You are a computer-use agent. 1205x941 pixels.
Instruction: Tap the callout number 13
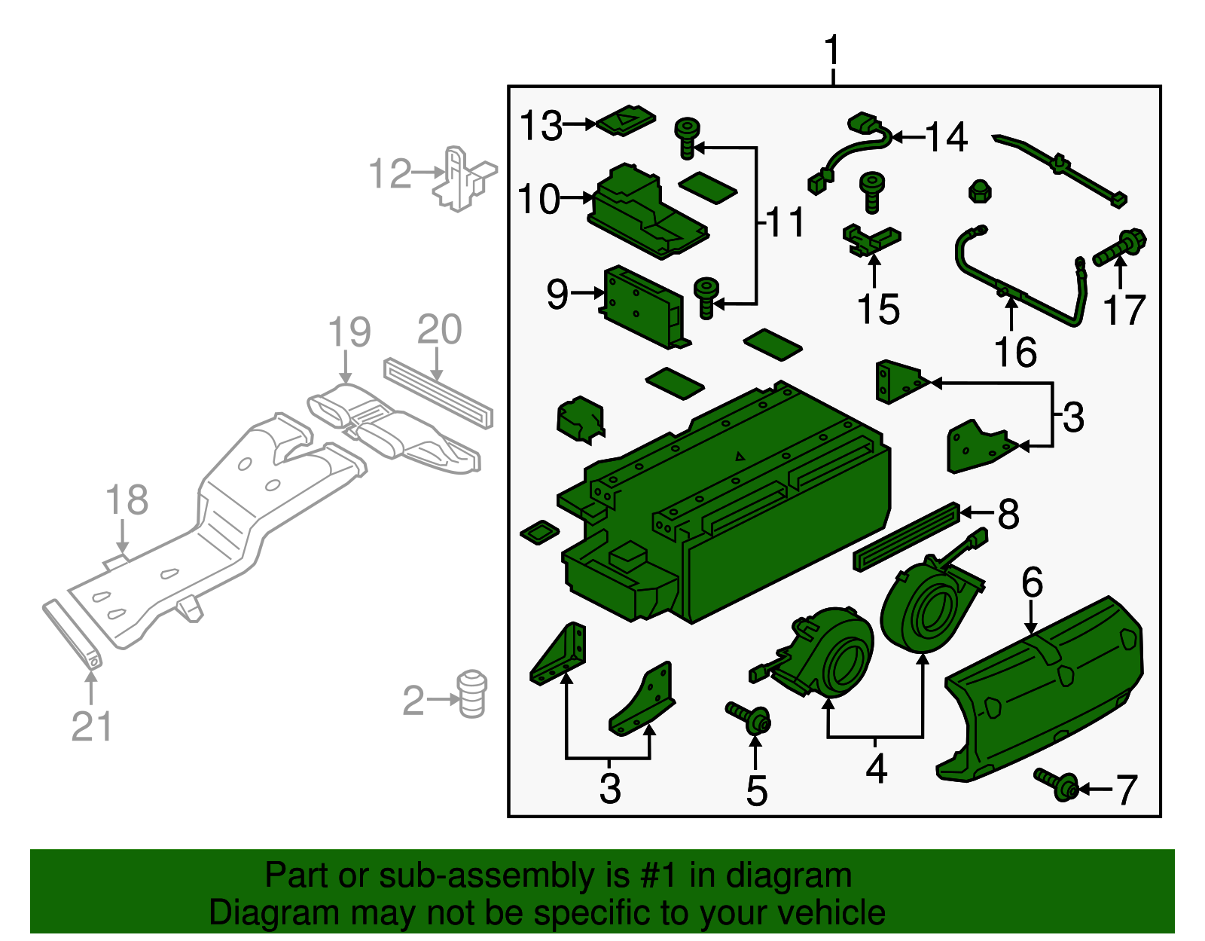coord(541,126)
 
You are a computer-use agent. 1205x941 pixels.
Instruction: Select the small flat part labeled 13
coord(625,121)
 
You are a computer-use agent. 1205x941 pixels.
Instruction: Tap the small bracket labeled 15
coord(871,240)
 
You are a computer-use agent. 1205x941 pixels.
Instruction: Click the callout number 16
coord(1016,352)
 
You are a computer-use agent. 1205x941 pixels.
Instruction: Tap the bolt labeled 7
coord(1057,785)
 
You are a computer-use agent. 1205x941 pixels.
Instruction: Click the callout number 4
coord(876,769)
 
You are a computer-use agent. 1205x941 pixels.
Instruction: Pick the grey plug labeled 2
coord(473,694)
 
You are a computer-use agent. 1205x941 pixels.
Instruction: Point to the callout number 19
coord(349,332)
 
